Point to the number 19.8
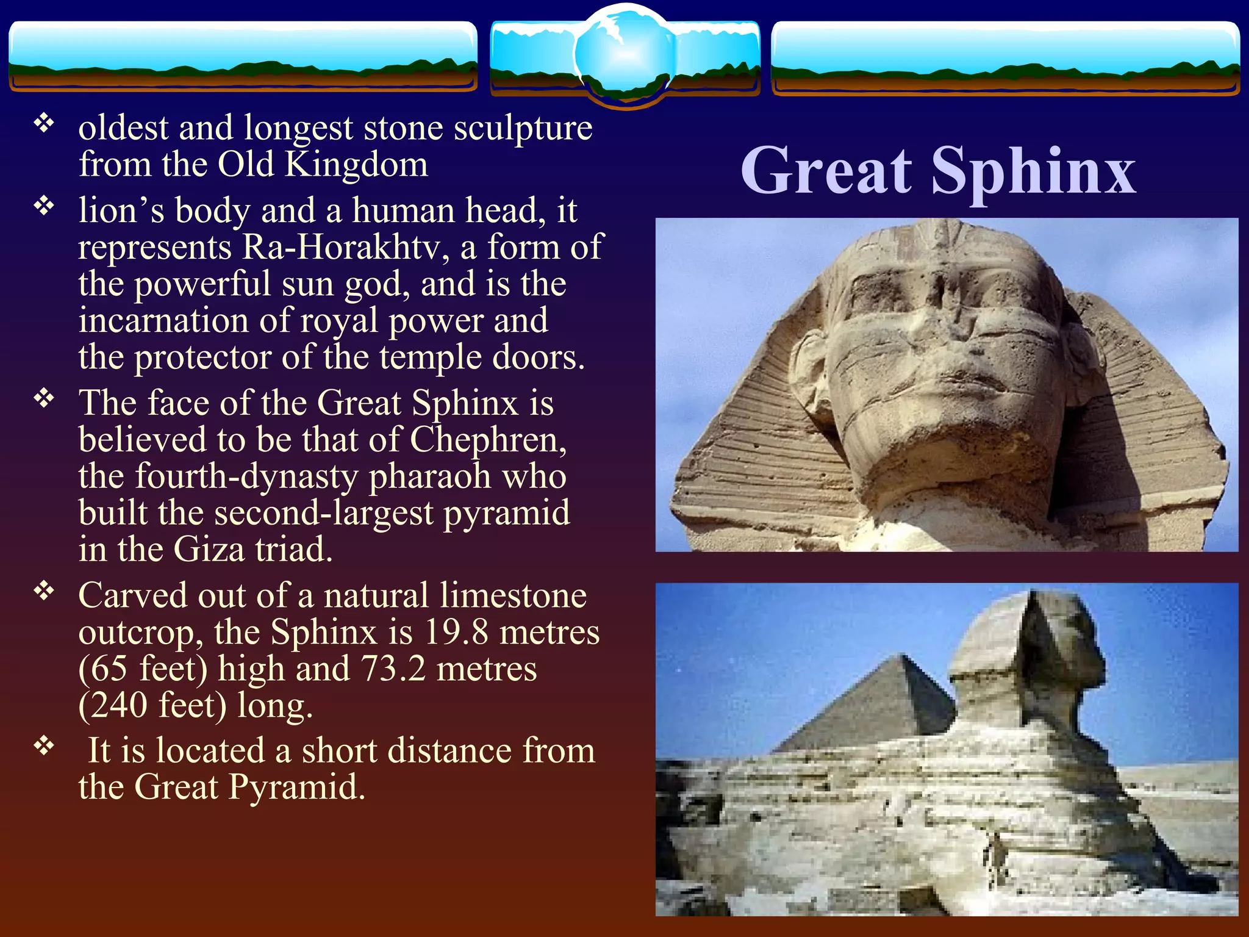tap(456, 632)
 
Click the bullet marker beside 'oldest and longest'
tap(44, 124)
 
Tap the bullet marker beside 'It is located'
tap(44, 745)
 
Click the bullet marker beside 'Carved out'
tap(44, 591)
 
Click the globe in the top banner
tap(624, 55)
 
